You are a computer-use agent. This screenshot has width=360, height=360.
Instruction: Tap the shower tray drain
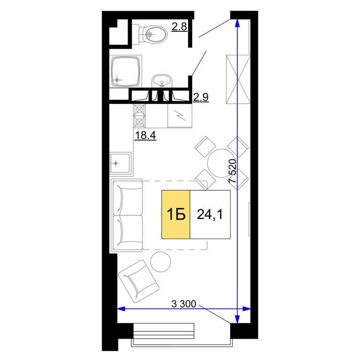(117, 80)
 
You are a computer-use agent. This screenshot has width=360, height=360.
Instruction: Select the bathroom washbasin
(162, 81)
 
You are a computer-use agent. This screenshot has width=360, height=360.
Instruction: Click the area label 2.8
(180, 27)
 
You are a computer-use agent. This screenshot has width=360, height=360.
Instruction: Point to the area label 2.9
(201, 97)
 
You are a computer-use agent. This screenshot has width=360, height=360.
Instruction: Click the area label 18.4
(145, 135)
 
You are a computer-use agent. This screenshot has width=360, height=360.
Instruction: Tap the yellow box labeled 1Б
(176, 214)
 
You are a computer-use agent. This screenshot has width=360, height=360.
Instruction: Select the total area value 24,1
(210, 215)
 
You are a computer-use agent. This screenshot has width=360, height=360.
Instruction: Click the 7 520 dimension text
(232, 171)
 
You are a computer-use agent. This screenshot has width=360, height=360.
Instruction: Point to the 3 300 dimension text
(184, 304)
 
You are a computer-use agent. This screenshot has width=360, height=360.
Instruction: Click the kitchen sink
(120, 163)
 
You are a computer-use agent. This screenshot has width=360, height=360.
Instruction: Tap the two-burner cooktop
(139, 115)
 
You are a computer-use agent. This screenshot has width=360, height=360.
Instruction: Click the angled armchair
(138, 281)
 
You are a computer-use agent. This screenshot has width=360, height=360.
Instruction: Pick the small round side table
(161, 262)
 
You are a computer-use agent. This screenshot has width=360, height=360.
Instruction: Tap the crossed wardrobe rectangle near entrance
(238, 79)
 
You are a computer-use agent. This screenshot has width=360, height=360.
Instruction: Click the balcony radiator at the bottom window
(164, 331)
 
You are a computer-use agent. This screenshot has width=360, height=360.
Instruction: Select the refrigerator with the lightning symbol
(180, 115)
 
